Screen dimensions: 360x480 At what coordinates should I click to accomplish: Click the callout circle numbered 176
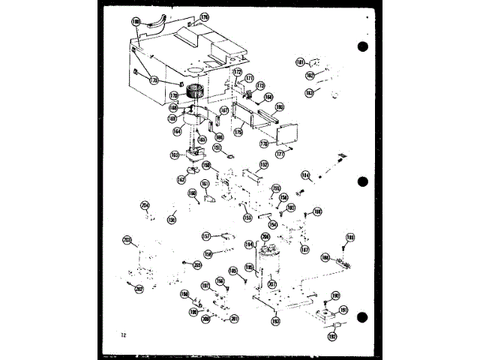pyautogui.click(x=203, y=16)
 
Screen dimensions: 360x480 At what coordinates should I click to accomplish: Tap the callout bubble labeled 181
pyautogui.click(x=299, y=62)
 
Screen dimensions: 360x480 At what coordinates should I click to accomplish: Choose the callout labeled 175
pyautogui.click(x=238, y=132)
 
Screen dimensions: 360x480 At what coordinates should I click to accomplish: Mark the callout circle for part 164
pyautogui.click(x=177, y=131)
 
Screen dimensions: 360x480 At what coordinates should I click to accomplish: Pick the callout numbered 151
pyautogui.click(x=217, y=148)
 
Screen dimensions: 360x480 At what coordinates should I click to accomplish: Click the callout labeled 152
pyautogui.click(x=264, y=163)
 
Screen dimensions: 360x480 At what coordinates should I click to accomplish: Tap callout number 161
pyautogui.click(x=205, y=184)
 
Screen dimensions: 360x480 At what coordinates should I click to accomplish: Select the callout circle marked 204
pyautogui.click(x=145, y=205)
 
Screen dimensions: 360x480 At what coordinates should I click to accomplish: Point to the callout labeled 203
pyautogui.click(x=127, y=240)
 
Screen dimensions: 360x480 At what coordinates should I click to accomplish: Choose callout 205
pyautogui.click(x=197, y=265)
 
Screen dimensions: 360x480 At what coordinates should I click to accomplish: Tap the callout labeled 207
pyautogui.click(x=271, y=283)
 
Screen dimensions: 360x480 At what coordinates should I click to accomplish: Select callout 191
pyautogui.click(x=343, y=310)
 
